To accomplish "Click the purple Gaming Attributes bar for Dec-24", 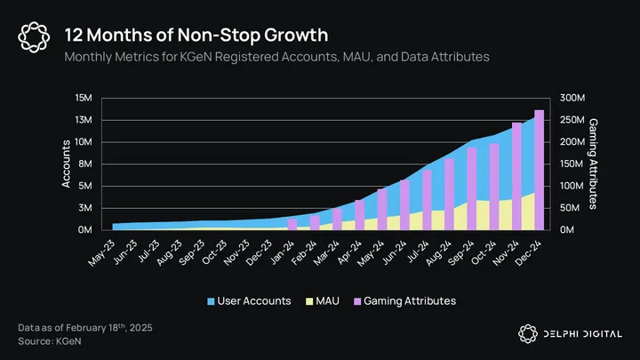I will click(x=539, y=169).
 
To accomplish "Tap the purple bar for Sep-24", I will click(x=472, y=188).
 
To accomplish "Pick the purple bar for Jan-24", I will click(x=292, y=224).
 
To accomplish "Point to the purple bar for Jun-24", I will click(x=404, y=204).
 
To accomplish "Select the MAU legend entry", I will click(x=324, y=301).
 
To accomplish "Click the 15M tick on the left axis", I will click(x=84, y=98).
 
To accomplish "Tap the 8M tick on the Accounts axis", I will click(x=87, y=164).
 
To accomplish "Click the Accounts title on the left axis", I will click(x=66, y=164).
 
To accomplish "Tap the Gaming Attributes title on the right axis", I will click(x=594, y=164).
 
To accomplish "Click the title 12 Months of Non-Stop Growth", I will click(x=196, y=35).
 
